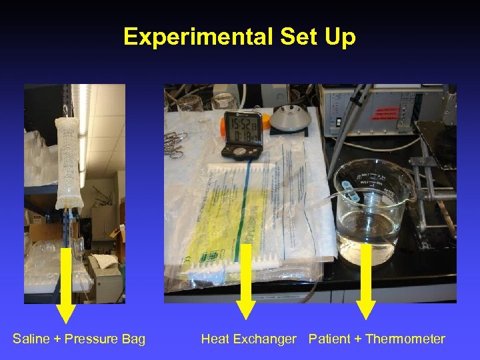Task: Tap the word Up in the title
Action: coord(341,37)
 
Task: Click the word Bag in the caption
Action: coord(133,339)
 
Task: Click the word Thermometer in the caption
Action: coord(405,339)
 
